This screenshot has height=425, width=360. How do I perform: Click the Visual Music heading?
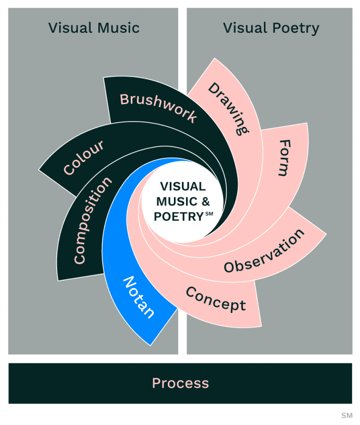pos(94,28)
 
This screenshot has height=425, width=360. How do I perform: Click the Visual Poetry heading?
pos(271,28)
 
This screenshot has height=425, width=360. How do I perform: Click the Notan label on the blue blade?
pos(139,297)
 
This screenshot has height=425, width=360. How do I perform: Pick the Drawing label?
pos(228,108)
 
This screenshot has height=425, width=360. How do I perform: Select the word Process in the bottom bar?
pos(180,383)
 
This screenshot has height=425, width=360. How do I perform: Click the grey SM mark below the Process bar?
pos(346,415)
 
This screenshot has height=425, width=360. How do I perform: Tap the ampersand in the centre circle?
pos(205,202)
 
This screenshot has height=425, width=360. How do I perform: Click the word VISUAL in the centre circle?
pos(183,186)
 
